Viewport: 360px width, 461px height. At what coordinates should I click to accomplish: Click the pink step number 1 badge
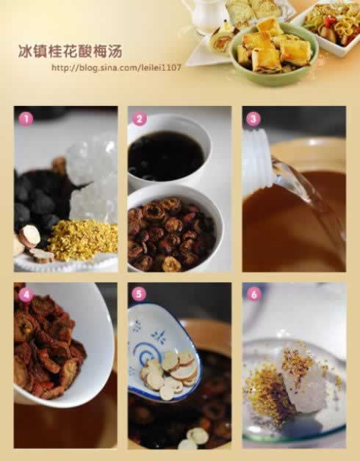[x=26, y=119]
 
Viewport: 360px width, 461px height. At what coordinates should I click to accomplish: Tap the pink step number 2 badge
[x=140, y=119]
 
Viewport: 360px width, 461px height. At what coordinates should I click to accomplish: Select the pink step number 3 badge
[x=253, y=119]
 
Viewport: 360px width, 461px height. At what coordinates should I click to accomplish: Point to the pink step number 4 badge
[x=26, y=295]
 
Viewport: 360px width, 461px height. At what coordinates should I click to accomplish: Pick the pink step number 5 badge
[x=140, y=294]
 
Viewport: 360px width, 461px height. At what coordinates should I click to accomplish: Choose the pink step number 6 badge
[x=254, y=294]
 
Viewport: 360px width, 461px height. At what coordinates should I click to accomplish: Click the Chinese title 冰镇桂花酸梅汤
[x=71, y=51]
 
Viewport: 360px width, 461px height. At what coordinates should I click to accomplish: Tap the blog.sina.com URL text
[x=116, y=68]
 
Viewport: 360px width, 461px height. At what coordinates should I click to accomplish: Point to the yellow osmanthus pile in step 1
[x=83, y=240]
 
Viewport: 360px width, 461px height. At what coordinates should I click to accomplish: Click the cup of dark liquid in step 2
[x=168, y=155]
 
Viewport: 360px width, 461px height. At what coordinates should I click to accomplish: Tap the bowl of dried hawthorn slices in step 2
[x=173, y=228]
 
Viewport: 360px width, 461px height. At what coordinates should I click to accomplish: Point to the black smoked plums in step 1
[x=37, y=200]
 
